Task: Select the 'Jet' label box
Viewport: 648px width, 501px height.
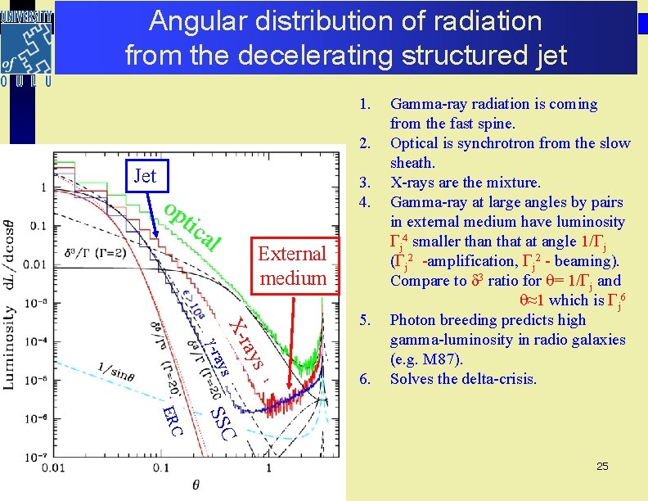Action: pos(144,175)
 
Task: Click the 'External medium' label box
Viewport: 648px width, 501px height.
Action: pos(293,265)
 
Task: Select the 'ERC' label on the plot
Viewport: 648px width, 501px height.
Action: pos(172,418)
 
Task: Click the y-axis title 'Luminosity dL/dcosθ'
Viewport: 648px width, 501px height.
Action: pos(11,299)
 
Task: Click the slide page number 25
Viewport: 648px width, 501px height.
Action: pos(602,466)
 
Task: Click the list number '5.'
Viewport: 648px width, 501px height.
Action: pos(367,320)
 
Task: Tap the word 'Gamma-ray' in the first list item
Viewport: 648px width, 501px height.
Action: pos(425,104)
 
